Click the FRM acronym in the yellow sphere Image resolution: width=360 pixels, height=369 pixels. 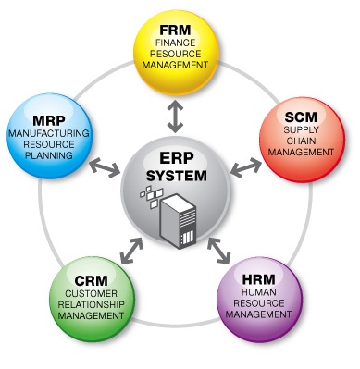175,31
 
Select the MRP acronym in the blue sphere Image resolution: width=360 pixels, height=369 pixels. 49,120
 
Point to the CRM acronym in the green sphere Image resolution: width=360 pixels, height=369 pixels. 92,281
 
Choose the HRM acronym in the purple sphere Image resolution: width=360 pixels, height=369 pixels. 258,279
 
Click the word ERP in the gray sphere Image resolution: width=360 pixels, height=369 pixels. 177,158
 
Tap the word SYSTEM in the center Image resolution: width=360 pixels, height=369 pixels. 177,176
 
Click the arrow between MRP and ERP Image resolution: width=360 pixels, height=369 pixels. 106,167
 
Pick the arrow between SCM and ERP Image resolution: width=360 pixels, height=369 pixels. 246,167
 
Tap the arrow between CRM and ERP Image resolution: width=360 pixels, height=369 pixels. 132,251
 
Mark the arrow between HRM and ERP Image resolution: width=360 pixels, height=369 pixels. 219,251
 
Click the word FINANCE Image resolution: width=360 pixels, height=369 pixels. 175,43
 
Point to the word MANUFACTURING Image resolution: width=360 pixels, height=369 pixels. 49,133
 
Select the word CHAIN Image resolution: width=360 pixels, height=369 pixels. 301,141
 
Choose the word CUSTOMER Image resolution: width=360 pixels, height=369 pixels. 92,293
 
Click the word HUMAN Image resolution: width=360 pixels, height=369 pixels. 259,291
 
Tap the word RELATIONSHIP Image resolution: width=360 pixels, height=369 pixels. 92,304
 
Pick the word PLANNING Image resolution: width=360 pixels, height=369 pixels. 49,155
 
